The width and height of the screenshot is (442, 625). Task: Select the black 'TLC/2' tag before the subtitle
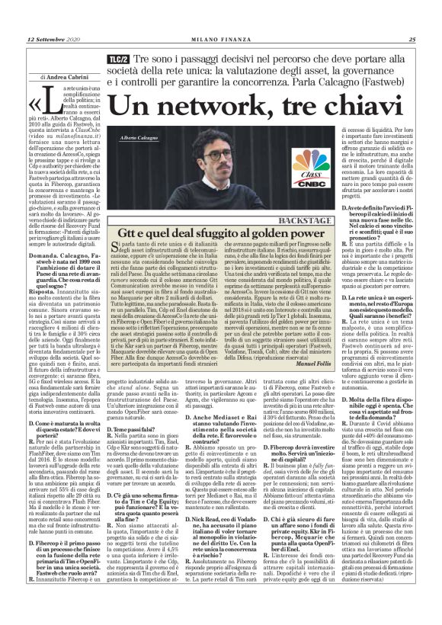(117, 59)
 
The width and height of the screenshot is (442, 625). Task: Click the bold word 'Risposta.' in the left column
(46, 290)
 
